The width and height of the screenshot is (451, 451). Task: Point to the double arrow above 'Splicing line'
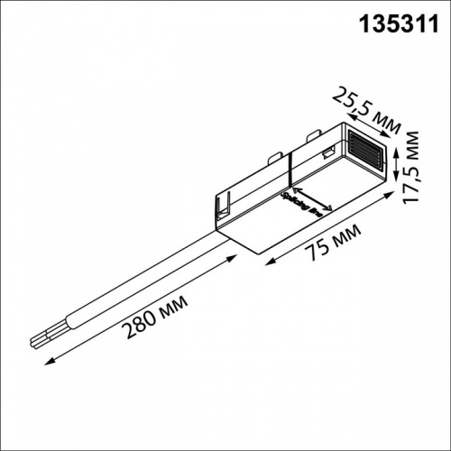[314, 199]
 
